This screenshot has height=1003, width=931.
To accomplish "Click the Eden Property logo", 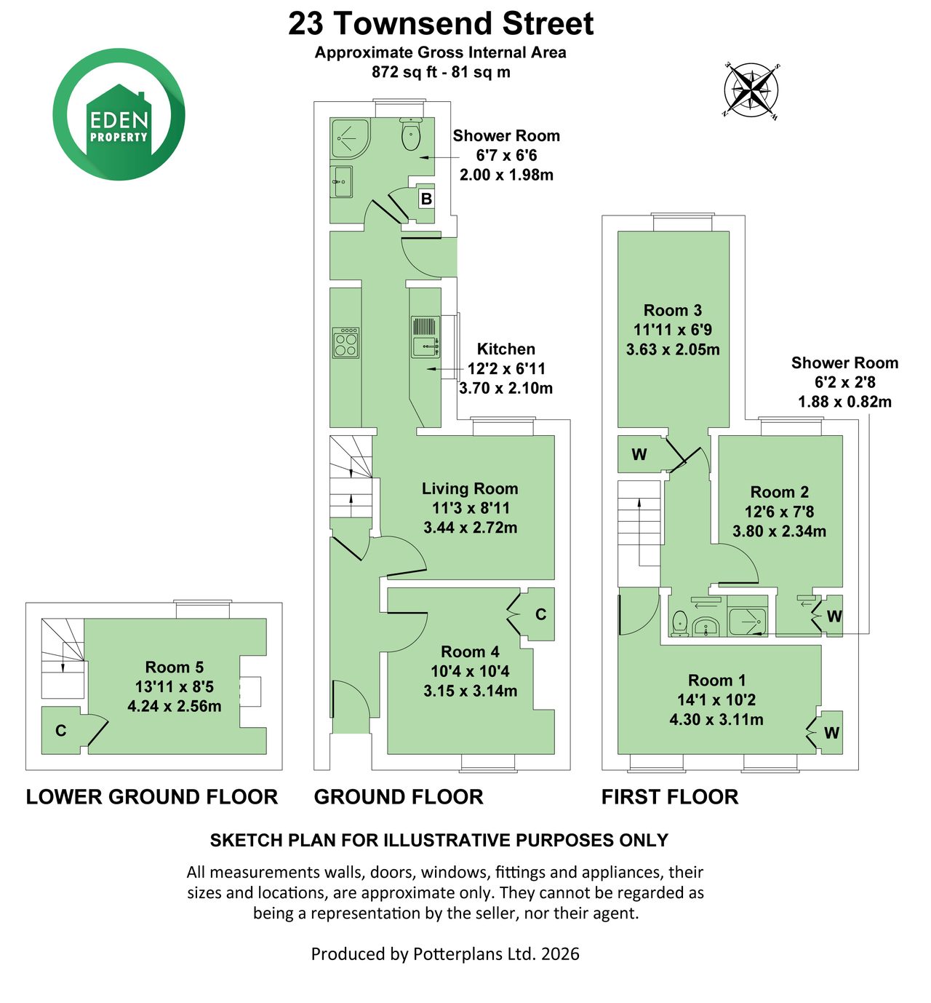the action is point(119,114).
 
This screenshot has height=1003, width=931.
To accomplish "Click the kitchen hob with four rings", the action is point(345,343).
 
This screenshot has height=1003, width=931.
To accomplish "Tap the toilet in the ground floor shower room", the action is point(411,134).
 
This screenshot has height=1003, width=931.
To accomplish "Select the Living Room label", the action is point(470,488).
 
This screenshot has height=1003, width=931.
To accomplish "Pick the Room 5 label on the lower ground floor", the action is point(174,667).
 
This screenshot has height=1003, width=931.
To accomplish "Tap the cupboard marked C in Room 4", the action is point(540,614).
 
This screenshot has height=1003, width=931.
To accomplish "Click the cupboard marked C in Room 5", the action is point(61,730).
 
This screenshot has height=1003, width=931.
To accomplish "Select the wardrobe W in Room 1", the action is point(831,733).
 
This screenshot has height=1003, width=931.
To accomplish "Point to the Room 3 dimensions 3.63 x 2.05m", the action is point(673,349).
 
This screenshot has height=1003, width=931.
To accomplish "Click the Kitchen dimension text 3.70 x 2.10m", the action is point(506,388).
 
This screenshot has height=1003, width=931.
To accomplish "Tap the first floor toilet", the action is point(679,623).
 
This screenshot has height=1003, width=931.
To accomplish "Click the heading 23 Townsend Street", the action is point(441,23).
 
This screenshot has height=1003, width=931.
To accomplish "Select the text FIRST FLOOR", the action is point(670,797).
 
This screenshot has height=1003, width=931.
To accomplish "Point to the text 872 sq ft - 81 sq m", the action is point(441,72).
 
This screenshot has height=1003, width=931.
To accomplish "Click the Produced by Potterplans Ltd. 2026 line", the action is point(445,954).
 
